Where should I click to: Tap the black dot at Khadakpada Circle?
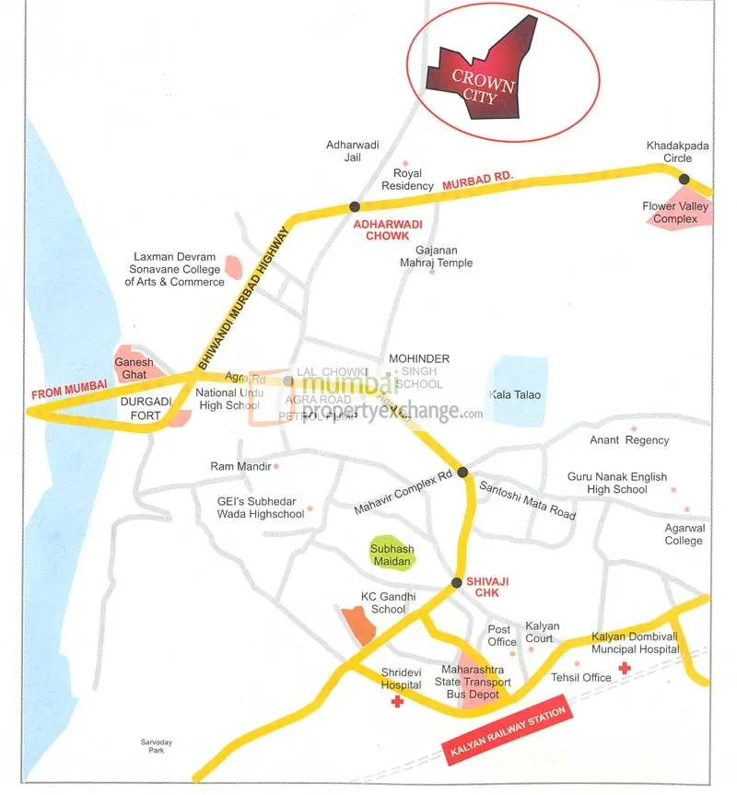pos(684,180)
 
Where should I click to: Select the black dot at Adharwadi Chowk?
pos(354,206)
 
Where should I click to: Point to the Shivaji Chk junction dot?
pos(456,583)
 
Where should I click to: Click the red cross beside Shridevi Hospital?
pos(397,702)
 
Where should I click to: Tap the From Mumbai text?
pos(70,389)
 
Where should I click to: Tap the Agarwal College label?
pos(684,534)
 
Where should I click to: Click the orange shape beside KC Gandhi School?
pos(358,625)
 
